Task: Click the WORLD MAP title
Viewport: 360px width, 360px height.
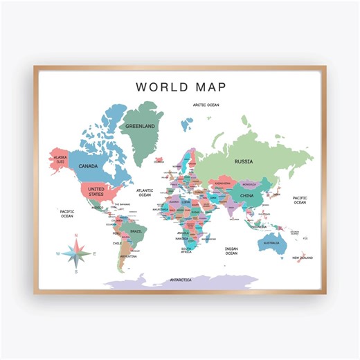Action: pyautogui.click(x=179, y=87)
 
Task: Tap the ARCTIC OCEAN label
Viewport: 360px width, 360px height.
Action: pyautogui.click(x=206, y=105)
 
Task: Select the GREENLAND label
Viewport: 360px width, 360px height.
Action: pyautogui.click(x=140, y=127)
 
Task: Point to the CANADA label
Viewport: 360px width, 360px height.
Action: pyautogui.click(x=87, y=167)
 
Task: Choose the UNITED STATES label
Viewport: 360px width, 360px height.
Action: pyautogui.click(x=96, y=191)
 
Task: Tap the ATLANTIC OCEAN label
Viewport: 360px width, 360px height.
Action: pyautogui.click(x=145, y=192)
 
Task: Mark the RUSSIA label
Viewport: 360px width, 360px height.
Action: pyautogui.click(x=243, y=161)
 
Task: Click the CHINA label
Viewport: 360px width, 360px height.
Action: pyautogui.click(x=247, y=195)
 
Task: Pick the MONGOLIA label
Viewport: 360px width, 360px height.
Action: pyautogui.click(x=249, y=184)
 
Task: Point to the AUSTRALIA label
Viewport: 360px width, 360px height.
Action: pyautogui.click(x=271, y=243)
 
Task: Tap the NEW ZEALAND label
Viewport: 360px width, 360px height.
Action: pyautogui.click(x=303, y=258)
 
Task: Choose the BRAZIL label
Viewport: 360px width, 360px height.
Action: pyautogui.click(x=136, y=231)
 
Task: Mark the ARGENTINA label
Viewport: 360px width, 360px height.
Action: pyautogui.click(x=128, y=256)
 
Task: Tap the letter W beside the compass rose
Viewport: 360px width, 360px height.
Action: pyautogui.click(x=58, y=254)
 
